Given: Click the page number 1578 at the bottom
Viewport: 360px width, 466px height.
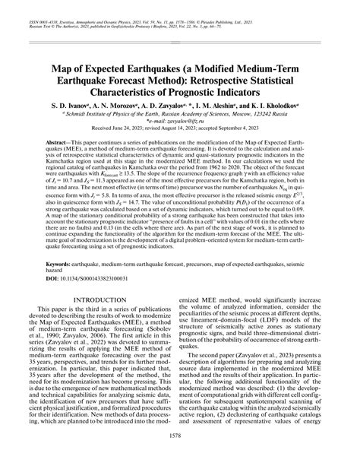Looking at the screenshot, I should click(x=180, y=455).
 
